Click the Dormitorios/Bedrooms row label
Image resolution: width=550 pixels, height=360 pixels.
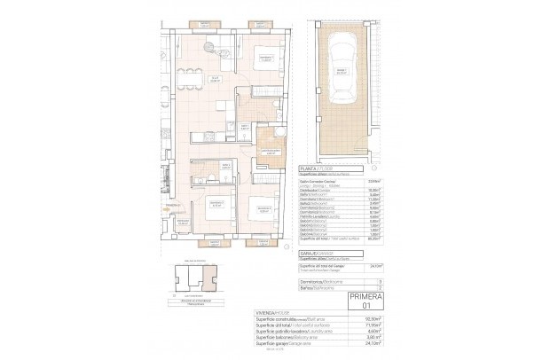(x=322, y=280)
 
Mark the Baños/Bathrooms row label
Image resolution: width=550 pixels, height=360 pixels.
(x=320, y=287)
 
